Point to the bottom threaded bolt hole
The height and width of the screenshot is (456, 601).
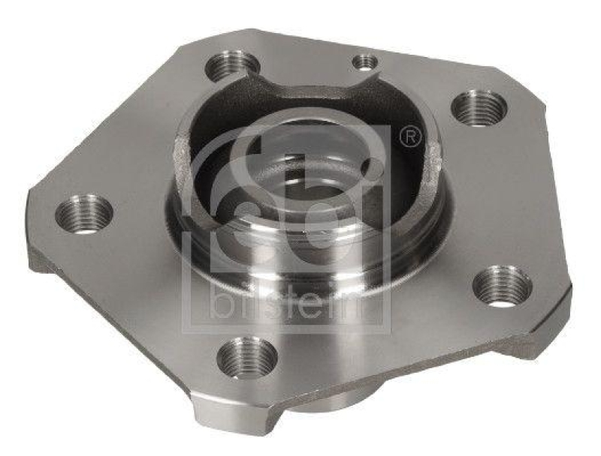click(x=246, y=356)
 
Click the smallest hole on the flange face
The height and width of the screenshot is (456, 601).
click(x=365, y=61)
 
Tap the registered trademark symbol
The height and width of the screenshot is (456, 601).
click(x=410, y=137)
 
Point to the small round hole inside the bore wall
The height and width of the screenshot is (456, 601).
click(x=367, y=166)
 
